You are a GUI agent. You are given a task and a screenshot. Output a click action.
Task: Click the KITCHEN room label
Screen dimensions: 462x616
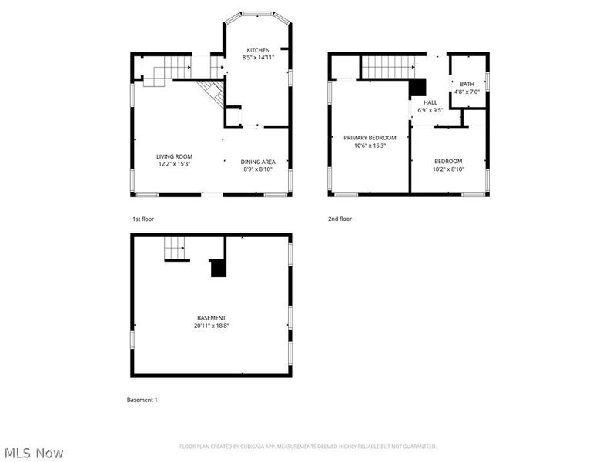pyautogui.click(x=258, y=50)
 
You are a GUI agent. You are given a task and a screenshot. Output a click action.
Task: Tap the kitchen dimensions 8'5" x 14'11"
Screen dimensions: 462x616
pyautogui.click(x=258, y=57)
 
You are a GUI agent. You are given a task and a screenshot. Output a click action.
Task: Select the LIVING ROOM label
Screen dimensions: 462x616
pyautogui.click(x=173, y=156)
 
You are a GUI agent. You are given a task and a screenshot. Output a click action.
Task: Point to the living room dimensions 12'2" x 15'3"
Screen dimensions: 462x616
pyautogui.click(x=173, y=163)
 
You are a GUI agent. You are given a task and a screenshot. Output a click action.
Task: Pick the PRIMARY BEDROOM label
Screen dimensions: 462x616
pyautogui.click(x=370, y=138)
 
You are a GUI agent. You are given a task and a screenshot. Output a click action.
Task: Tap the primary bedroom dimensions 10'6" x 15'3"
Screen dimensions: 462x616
pyautogui.click(x=370, y=146)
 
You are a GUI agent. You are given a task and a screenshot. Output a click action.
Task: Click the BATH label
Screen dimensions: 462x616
pyautogui.click(x=467, y=84)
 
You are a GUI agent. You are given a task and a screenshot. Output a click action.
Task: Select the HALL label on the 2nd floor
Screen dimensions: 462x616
pyautogui.click(x=430, y=102)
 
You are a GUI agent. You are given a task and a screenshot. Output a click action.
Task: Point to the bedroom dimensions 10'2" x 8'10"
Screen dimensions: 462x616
pyautogui.click(x=447, y=169)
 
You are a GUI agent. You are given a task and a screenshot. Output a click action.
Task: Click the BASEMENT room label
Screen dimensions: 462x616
pyautogui.click(x=211, y=318)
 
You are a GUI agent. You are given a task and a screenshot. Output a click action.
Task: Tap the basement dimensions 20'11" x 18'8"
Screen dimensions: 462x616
pyautogui.click(x=211, y=326)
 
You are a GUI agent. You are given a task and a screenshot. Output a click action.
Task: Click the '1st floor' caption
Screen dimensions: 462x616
pyautogui.click(x=143, y=219)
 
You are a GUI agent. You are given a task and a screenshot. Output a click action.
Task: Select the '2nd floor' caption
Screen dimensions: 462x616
pyautogui.click(x=340, y=219)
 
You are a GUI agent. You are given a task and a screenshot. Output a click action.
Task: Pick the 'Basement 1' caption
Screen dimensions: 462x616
pyautogui.click(x=142, y=400)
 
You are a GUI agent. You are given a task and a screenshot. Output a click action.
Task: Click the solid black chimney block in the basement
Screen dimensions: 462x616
pyautogui.click(x=219, y=268)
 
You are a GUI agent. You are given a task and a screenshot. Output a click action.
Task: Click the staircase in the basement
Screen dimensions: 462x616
pyautogui.click(x=176, y=249)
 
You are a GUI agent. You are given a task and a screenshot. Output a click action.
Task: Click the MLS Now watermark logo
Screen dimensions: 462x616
pyautogui.click(x=33, y=453)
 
